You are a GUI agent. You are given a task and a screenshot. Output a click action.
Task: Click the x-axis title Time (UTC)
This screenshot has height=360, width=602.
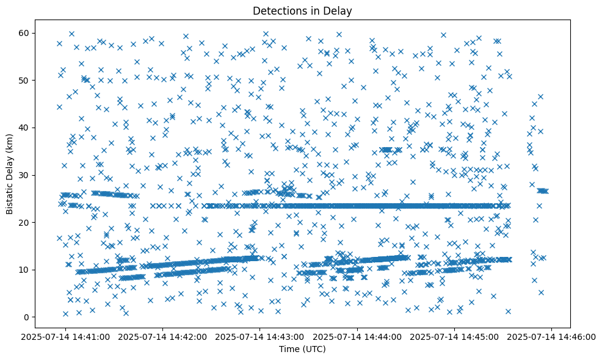pos(302,350)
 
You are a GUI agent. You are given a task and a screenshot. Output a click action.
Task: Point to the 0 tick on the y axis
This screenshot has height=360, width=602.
pos(26,317)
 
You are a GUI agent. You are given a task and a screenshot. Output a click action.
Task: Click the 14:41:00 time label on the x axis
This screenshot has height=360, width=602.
pos(66,336)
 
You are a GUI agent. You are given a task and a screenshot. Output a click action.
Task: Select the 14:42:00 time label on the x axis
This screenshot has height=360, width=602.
pos(163,336)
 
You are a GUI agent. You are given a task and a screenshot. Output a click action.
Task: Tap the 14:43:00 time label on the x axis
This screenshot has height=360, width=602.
pos(260,336)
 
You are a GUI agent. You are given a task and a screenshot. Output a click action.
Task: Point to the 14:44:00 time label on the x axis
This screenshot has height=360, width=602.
pos(357,336)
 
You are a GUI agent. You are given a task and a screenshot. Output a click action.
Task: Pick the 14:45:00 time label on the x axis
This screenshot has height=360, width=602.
pos(454,336)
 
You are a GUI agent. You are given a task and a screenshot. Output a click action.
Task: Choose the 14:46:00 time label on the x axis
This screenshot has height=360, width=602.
pos(551,336)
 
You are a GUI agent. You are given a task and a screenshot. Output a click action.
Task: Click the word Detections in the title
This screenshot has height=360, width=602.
pos(278,10)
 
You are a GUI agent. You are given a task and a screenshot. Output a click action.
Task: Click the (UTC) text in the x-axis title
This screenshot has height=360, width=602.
pos(313,350)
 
